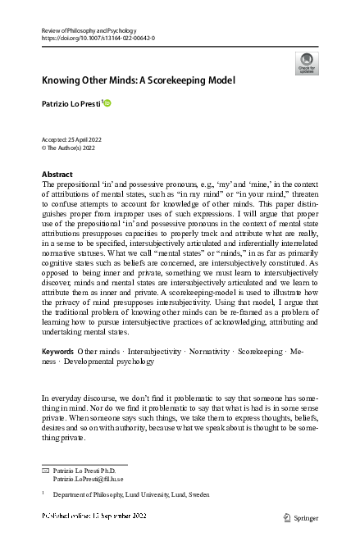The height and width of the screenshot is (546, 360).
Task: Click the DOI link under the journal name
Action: coord(98,39)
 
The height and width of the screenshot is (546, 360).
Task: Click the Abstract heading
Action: coord(57,175)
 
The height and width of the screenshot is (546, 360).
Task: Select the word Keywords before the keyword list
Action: coord(57,374)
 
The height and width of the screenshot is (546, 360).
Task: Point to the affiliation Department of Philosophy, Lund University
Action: coord(131,495)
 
